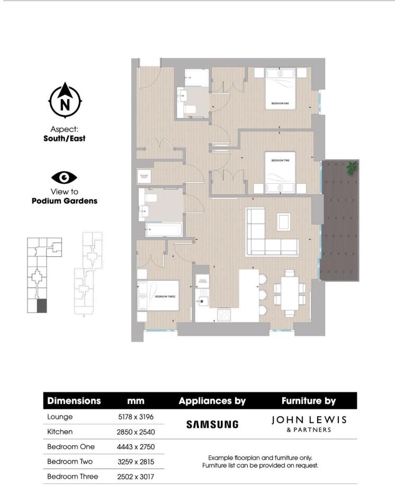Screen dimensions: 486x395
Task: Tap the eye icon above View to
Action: click(x=64, y=177)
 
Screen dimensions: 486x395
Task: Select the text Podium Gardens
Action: click(x=64, y=201)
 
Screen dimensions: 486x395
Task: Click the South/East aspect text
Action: click(x=64, y=139)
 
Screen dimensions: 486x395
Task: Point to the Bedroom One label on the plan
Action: click(x=280, y=104)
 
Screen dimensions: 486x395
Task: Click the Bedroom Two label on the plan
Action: click(x=280, y=160)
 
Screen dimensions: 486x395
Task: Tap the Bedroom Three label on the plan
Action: click(x=165, y=297)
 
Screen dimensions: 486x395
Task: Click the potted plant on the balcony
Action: click(x=351, y=168)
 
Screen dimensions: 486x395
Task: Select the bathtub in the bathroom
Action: click(x=164, y=230)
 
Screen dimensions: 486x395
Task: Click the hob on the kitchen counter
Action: click(x=224, y=313)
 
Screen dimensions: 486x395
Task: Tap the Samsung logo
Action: click(x=212, y=424)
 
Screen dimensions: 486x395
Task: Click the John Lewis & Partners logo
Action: click(x=309, y=423)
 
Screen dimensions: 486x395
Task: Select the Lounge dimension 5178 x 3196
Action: click(x=136, y=417)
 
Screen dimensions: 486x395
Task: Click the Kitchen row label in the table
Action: click(x=59, y=432)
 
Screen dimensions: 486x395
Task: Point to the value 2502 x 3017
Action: click(x=136, y=476)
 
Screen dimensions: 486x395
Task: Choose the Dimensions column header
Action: click(x=74, y=401)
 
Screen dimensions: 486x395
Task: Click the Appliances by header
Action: click(x=212, y=401)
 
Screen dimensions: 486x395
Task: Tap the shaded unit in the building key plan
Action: click(x=42, y=306)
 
